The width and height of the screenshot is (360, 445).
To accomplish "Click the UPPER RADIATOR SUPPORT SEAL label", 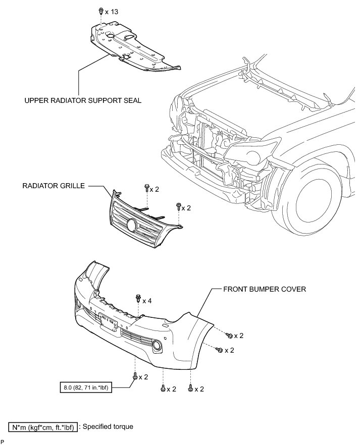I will click(83, 100).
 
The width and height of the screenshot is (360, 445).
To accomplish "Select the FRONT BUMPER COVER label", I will click(264, 290).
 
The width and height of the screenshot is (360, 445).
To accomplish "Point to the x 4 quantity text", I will click(147, 301).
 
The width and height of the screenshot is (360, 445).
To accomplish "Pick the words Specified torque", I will click(108, 427).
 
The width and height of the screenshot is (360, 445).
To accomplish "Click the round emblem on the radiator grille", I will click(132, 225).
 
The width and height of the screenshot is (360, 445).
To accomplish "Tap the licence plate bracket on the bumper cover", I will click(110, 320).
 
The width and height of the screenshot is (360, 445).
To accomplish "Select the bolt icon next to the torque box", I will click(135, 376).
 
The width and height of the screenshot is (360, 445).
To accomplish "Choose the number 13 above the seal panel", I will click(114, 11).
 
